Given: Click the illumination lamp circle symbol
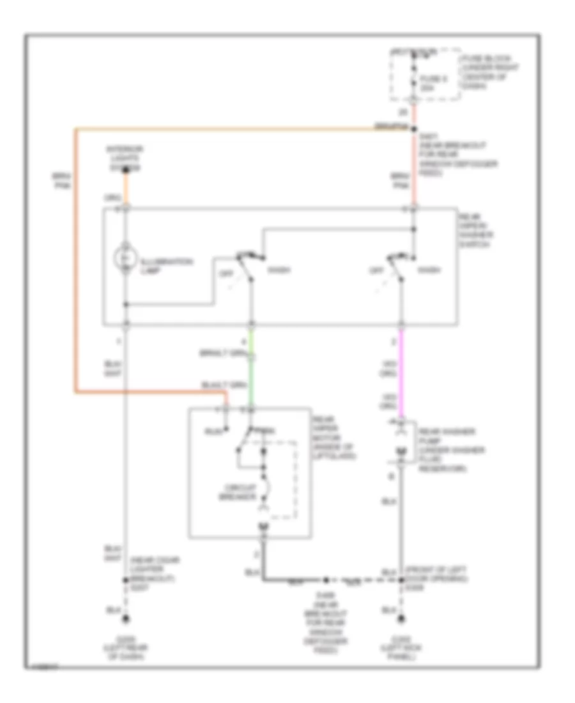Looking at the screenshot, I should tap(126, 258).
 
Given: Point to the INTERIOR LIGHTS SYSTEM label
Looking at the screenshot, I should tap(125, 158).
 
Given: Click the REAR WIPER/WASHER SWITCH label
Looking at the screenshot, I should tap(480, 232).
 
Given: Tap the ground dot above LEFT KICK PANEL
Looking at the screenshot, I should tap(401, 619).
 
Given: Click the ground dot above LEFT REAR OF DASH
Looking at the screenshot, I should tap(126, 619).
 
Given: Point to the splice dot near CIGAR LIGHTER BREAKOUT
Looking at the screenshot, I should tap(126, 580).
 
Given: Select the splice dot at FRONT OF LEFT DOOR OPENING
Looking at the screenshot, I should tap(401, 580).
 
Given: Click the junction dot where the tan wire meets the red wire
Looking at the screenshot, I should tap(414, 128).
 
